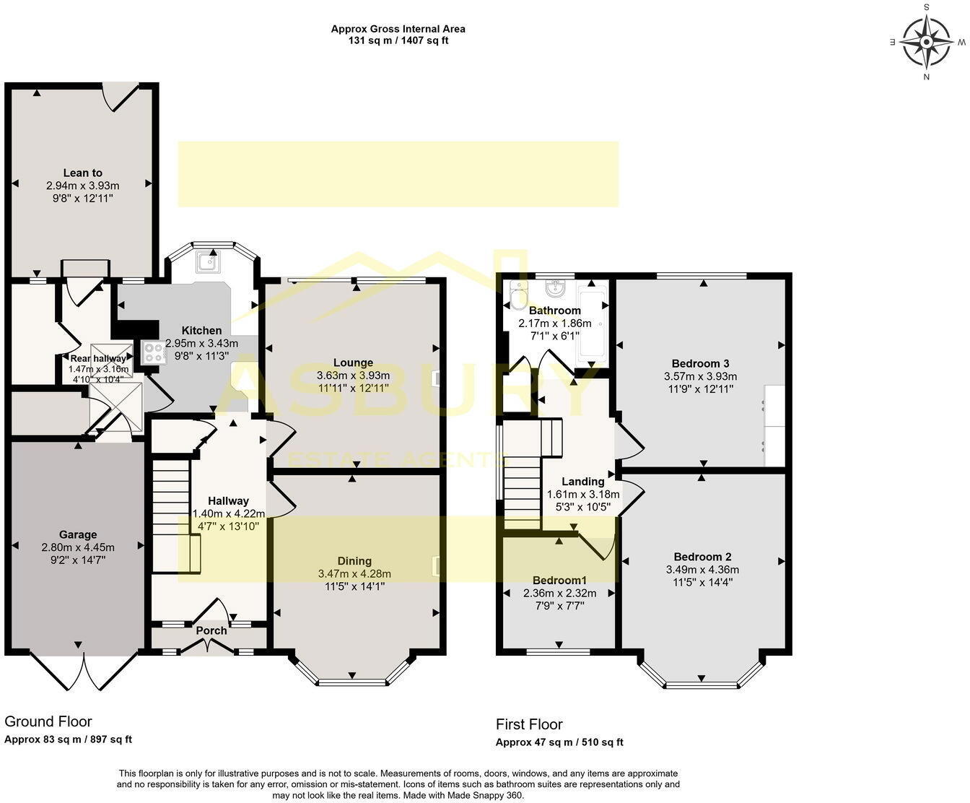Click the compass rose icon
(927, 42)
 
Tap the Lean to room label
(82, 173)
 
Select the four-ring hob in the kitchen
(154, 352)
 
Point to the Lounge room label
(353, 363)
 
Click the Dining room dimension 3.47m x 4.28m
(354, 573)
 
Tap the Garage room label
(78, 534)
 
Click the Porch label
(211, 630)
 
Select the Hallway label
(228, 500)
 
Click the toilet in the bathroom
(516, 294)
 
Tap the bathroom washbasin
(555, 288)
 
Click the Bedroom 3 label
(700, 363)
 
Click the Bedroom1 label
(559, 580)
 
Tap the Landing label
(582, 481)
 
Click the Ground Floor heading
(48, 721)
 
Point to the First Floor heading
(529, 724)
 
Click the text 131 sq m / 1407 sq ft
(398, 40)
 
